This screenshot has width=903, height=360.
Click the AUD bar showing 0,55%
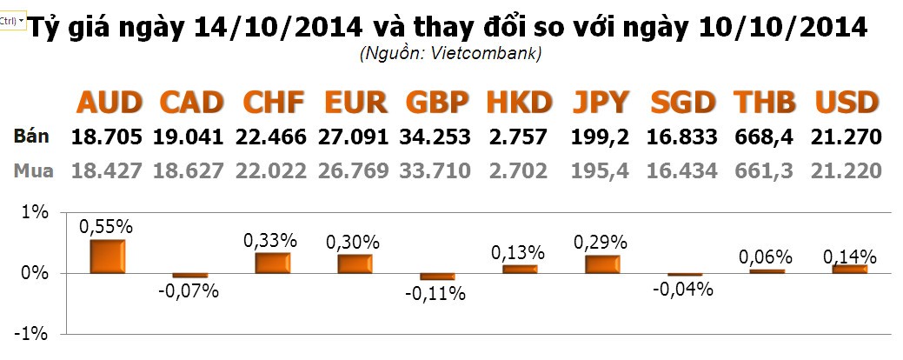pyautogui.click(x=107, y=257)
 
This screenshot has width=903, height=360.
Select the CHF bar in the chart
pyautogui.click(x=272, y=263)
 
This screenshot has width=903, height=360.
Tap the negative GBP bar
pyautogui.click(x=436, y=277)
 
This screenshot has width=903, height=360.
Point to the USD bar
pyautogui.click(x=849, y=269)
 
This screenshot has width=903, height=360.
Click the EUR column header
pyautogui.click(x=355, y=103)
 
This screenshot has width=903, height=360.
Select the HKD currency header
pyautogui.click(x=519, y=103)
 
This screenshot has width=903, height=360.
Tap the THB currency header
pyautogui.click(x=765, y=103)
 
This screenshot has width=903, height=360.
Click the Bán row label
pyautogui.click(x=31, y=137)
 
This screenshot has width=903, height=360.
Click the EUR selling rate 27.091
pyautogui.click(x=354, y=137)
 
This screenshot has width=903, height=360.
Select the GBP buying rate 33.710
pyautogui.click(x=435, y=171)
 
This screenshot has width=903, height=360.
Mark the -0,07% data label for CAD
pyautogui.click(x=189, y=290)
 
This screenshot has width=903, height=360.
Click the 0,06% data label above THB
pyautogui.click(x=766, y=257)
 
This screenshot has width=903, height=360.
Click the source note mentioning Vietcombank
pyautogui.click(x=450, y=54)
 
